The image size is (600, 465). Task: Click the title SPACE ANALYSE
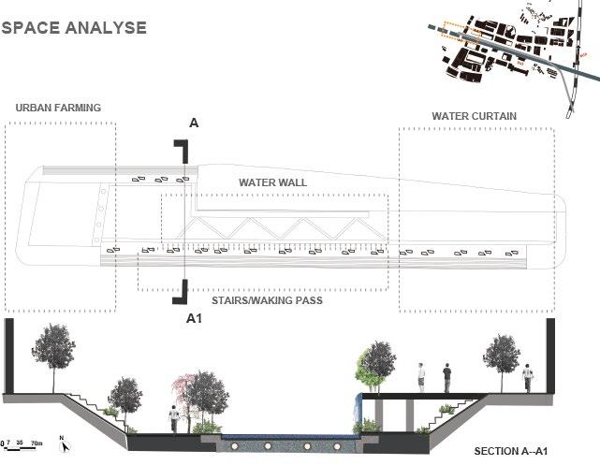[74, 27]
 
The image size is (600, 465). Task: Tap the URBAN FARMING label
[58, 109]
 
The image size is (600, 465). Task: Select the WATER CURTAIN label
[475, 117]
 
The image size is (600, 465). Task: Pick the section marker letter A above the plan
[194, 124]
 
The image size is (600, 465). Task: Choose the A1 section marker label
[195, 319]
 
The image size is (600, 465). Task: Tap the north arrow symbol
[63, 443]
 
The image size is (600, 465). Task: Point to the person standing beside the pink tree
[172, 419]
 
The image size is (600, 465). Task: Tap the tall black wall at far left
[9, 356]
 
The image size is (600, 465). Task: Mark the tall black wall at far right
[550, 356]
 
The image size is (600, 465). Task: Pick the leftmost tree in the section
[53, 351]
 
